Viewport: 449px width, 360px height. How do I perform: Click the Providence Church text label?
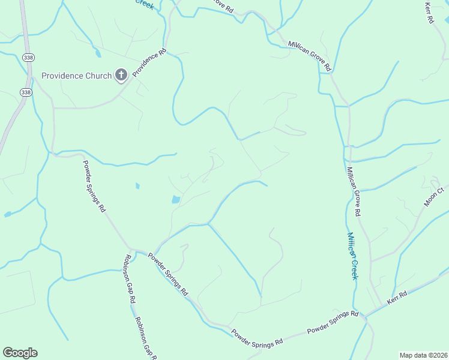76,76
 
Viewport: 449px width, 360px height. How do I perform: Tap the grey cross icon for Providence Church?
121,75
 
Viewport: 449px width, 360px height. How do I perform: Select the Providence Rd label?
149,62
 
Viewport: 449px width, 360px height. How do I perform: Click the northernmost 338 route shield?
28,57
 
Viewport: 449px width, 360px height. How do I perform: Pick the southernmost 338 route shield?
25,92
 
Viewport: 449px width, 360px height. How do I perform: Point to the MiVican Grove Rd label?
309,56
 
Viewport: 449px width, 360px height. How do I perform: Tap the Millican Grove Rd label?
352,191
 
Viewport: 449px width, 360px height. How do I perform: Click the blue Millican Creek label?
352,256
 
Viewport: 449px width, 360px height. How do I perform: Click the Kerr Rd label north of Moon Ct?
429,13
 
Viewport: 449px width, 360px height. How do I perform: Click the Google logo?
20,353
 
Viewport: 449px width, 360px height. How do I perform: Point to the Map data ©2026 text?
423,355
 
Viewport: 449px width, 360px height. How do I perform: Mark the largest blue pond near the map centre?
175,199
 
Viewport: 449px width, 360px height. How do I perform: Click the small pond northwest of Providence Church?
97,53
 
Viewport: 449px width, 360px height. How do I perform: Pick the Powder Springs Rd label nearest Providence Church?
94,186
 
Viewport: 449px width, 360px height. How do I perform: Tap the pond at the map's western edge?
7,214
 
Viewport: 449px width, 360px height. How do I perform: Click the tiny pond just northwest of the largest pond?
137,186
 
